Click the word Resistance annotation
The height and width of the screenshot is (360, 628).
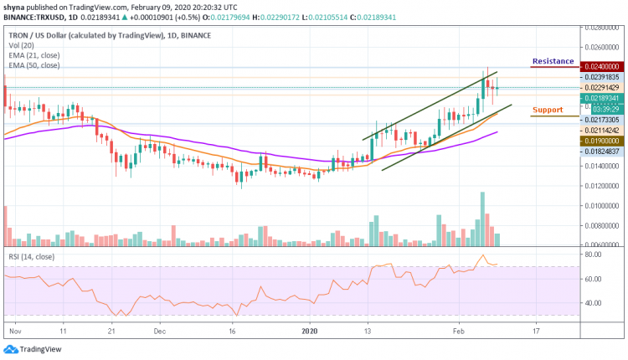click(553, 61)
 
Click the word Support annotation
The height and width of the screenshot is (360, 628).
click(548, 110)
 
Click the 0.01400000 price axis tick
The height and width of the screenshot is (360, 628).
click(601, 166)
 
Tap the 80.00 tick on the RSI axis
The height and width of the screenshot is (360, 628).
click(595, 254)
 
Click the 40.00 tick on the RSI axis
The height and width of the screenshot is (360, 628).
click(595, 303)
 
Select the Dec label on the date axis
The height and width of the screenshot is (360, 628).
click(159, 331)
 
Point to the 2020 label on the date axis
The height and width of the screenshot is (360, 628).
click(311, 331)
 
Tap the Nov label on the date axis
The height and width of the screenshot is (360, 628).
click(14, 331)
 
